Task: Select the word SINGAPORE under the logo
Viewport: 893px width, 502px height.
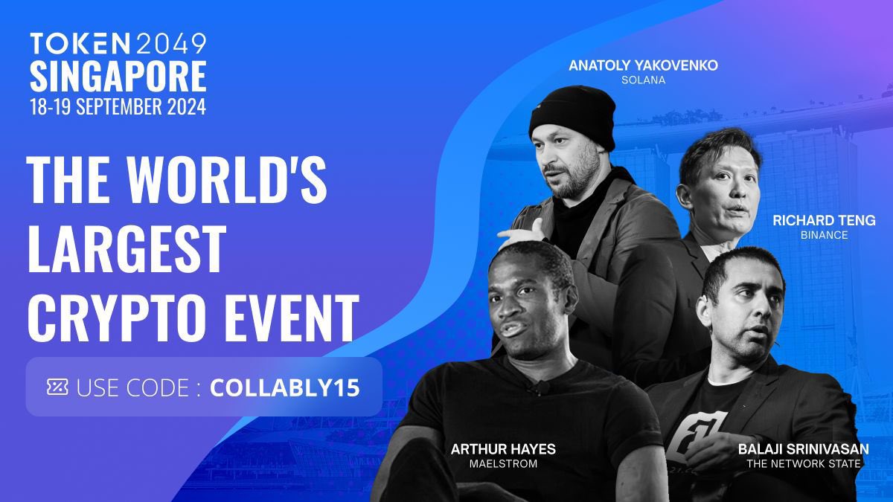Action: pos(118,75)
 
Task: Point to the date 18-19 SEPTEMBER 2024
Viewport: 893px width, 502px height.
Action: pos(118,106)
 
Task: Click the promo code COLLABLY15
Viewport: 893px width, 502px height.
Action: pos(285,387)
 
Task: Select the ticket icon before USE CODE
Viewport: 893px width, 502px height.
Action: pos(57,387)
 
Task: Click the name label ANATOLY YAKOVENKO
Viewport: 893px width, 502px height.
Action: pos(643,65)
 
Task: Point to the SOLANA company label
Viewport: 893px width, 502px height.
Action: pos(643,80)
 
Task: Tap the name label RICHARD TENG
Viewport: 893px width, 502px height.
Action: pos(824,221)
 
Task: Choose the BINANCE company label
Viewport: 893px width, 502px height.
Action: pos(824,235)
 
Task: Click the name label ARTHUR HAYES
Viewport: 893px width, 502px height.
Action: pos(503,449)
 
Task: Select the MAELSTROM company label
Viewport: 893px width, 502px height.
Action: pos(503,464)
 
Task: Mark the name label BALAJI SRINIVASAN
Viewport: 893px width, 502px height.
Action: pos(804,449)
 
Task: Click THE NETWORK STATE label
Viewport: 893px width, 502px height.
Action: pos(804,464)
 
